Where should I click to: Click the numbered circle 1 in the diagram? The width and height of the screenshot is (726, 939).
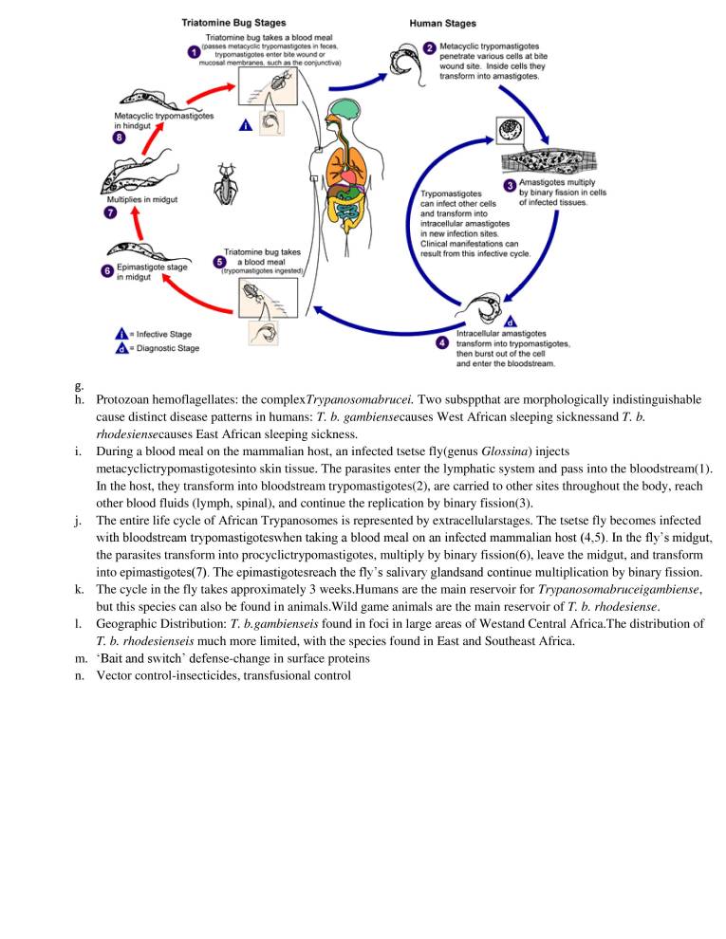coord(194,52)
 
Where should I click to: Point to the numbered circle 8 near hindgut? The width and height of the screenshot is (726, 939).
coord(119,138)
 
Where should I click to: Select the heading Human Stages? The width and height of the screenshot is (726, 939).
coord(442,20)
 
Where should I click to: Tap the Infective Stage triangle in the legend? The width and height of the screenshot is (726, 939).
coord(121,334)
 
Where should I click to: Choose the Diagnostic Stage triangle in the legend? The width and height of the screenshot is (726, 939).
coord(121,348)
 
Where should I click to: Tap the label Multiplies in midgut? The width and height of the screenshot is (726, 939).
coord(139,200)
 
